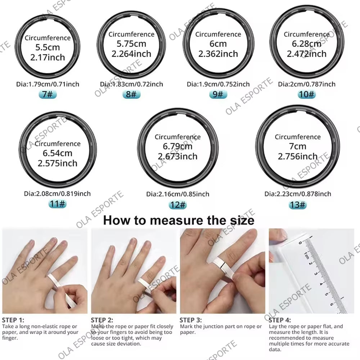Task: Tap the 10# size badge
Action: coord(307,94)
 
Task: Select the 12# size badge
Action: coord(177,204)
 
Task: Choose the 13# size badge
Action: coord(298,204)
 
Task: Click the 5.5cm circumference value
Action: coord(48,47)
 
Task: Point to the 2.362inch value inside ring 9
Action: coord(218,54)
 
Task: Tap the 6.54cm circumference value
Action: coord(58,153)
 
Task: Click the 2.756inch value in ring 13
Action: coord(298,156)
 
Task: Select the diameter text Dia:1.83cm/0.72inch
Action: coord(131,84)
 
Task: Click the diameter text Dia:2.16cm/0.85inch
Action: coord(177,194)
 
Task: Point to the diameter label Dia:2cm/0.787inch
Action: coord(307,84)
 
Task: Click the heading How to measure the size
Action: coord(179,220)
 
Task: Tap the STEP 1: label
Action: coord(13,320)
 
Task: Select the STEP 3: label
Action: coord(191,320)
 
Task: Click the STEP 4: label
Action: coord(280,320)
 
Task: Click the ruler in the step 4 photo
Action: coord(322,274)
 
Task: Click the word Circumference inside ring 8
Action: coord(131,35)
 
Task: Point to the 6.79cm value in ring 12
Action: coord(177,147)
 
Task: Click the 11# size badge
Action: coord(58,204)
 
